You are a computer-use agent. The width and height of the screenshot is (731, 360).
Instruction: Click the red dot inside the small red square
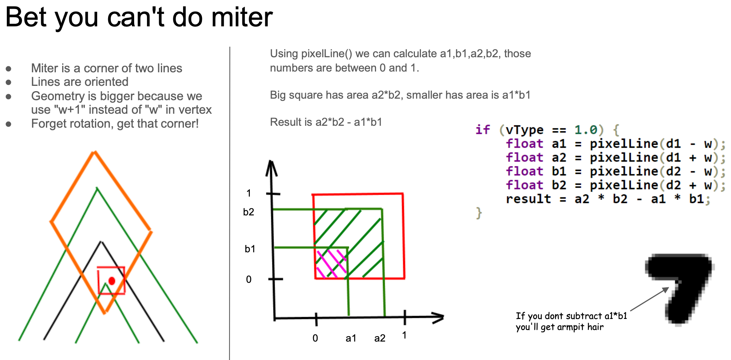coord(112,281)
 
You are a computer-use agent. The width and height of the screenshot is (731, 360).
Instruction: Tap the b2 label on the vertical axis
coord(249,212)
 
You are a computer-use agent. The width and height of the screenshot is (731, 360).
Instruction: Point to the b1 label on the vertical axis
coord(250,249)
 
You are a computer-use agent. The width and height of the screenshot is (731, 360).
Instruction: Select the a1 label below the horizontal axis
coord(351,338)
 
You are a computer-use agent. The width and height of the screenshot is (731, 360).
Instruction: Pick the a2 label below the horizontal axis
coord(380,338)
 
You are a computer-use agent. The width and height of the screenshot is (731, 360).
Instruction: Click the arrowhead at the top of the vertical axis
coord(271,168)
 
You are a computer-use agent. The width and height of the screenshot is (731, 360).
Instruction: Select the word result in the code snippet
coord(528,199)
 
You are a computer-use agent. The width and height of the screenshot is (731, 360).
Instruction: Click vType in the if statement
coord(525,130)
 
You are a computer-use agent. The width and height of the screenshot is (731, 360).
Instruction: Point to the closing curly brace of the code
coord(479,213)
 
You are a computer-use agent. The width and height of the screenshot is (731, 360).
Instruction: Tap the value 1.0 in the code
coord(586,130)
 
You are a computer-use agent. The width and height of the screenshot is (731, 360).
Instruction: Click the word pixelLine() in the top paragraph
coord(327,53)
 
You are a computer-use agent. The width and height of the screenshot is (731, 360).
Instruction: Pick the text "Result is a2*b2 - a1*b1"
coord(326,122)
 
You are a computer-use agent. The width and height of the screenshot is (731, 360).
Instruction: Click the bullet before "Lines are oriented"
coord(9,82)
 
